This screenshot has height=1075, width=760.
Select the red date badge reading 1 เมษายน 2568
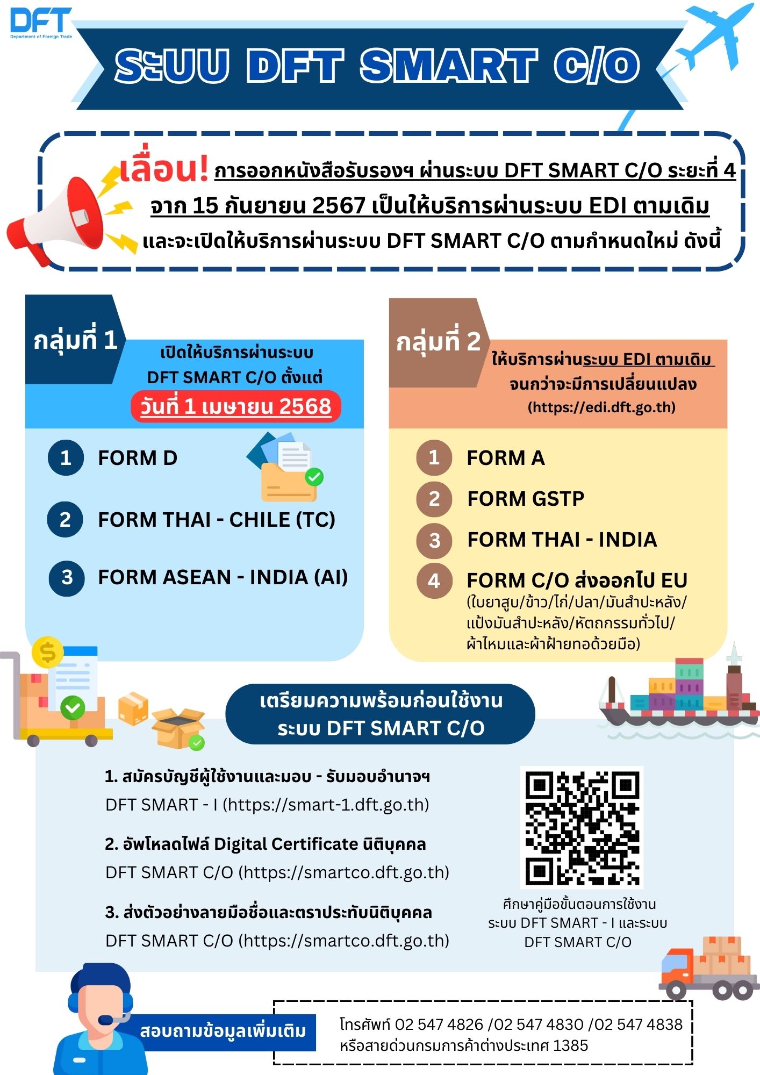pyautogui.click(x=235, y=407)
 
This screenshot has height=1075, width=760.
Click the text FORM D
pyautogui.click(x=138, y=458)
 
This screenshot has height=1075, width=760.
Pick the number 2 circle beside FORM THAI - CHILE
pyautogui.click(x=65, y=519)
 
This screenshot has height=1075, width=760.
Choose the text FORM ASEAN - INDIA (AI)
pyautogui.click(x=223, y=577)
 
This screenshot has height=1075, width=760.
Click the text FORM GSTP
pyautogui.click(x=526, y=499)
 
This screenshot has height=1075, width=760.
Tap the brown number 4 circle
pyautogui.click(x=434, y=581)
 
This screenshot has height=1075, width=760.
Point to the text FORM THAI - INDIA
pyautogui.click(x=562, y=540)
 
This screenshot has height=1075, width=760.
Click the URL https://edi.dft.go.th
pyautogui.click(x=601, y=407)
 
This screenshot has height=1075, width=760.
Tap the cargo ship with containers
pyautogui.click(x=678, y=693)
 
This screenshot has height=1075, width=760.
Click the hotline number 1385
pyautogui.click(x=570, y=1045)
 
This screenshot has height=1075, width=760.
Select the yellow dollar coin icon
pyautogui.click(x=47, y=653)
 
